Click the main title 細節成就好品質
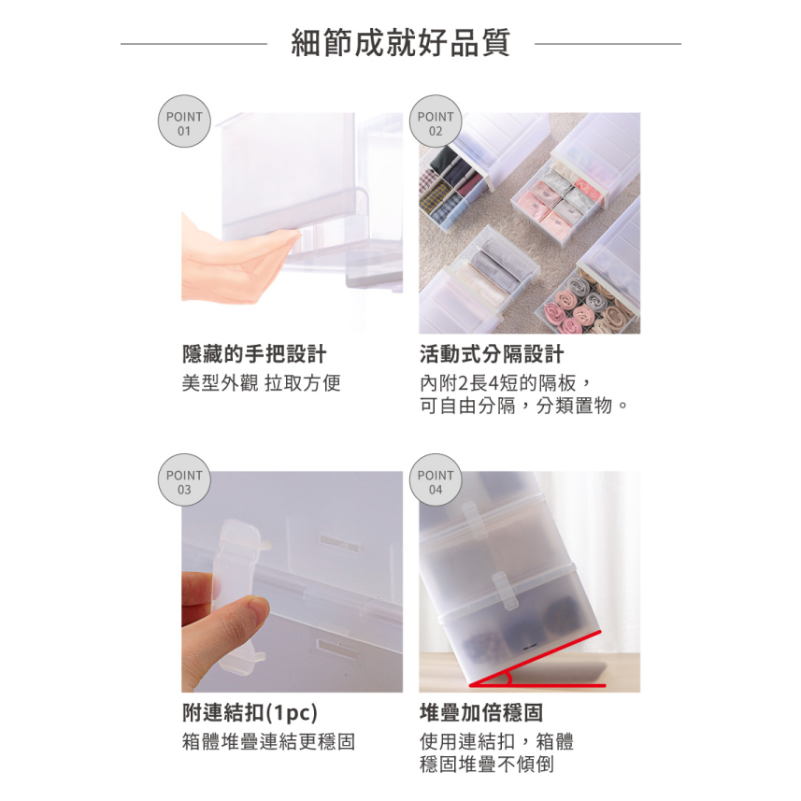tap(400, 42)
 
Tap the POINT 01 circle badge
tap(184, 122)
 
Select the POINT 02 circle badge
tap(436, 122)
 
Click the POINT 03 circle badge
tap(184, 480)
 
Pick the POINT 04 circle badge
tap(436, 480)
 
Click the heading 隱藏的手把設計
tap(254, 353)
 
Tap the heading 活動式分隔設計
tap(492, 353)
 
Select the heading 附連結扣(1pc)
tap(250, 712)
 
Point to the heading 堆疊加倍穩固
tap(481, 712)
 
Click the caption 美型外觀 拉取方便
tap(261, 382)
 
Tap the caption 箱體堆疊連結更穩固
tap(268, 741)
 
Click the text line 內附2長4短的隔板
tap(498, 382)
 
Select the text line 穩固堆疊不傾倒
tap(487, 765)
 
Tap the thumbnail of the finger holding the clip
tap(292, 581)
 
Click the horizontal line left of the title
tap(193, 44)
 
